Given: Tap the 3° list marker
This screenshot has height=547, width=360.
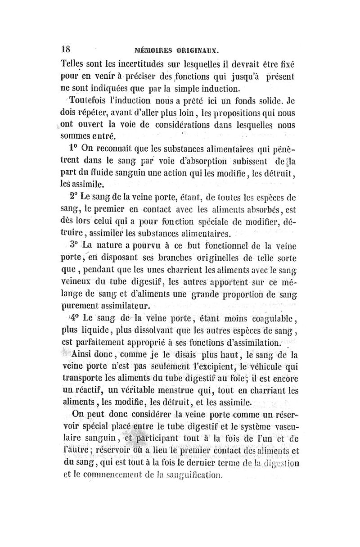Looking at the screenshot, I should pyautogui.click(x=75, y=245).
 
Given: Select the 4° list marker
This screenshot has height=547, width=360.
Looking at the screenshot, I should pyautogui.click(x=75, y=318).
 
